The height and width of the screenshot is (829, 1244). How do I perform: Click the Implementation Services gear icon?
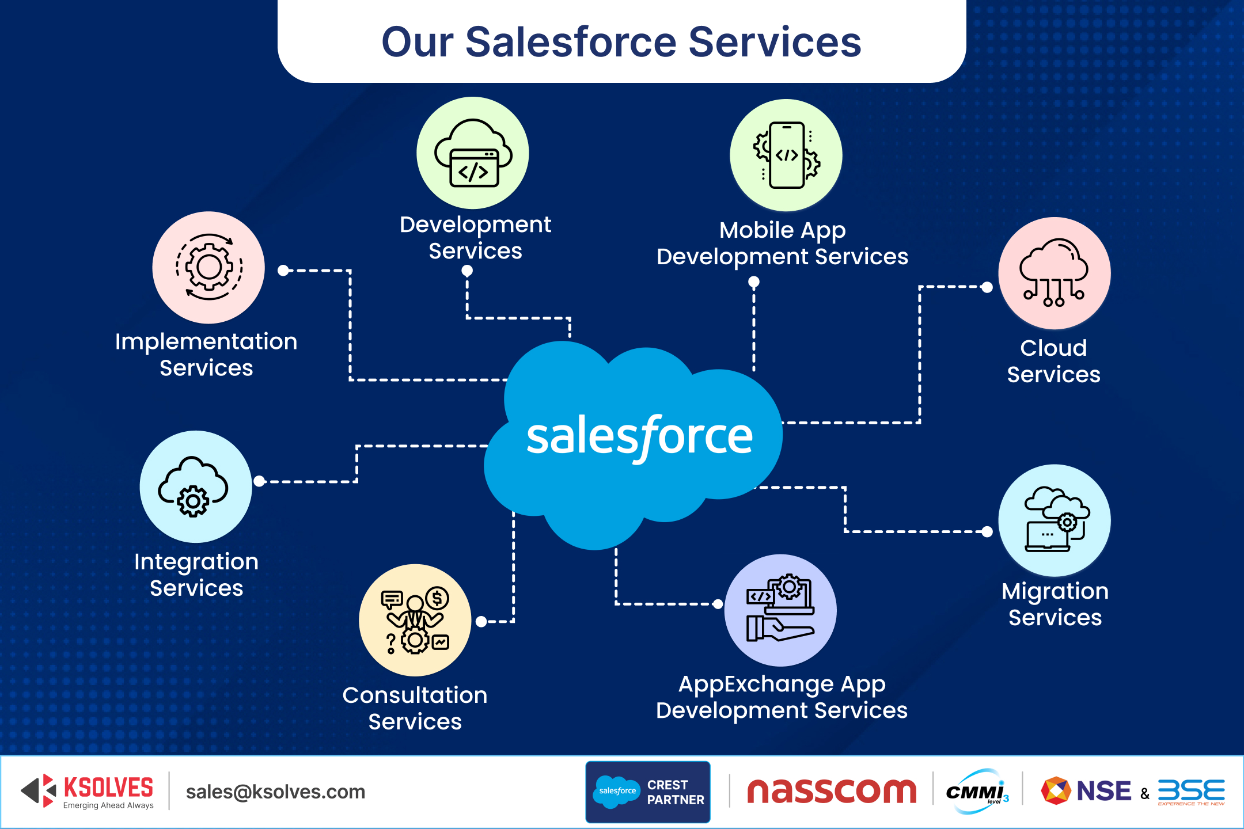click(208, 267)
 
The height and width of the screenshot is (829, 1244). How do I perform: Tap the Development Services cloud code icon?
click(473, 153)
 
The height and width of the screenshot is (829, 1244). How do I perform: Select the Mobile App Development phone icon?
click(786, 155)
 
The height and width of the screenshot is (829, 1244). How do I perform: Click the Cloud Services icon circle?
click(1054, 273)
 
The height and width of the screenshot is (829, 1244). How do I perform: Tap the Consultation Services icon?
click(415, 620)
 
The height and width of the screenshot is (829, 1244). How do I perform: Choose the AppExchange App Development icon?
click(780, 610)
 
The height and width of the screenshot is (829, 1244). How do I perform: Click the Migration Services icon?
click(1055, 520)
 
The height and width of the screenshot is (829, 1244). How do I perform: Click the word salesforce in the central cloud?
click(639, 436)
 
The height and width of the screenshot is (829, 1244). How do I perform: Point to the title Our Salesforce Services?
click(621, 42)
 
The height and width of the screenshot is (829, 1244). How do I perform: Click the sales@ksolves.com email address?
click(275, 792)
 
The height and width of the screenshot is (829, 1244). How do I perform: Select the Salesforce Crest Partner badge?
click(648, 792)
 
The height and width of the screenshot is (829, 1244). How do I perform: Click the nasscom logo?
click(831, 791)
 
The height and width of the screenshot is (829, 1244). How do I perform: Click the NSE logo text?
click(1103, 791)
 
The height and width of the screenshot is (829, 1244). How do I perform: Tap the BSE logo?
click(1191, 791)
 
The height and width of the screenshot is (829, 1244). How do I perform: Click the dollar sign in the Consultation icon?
click(437, 599)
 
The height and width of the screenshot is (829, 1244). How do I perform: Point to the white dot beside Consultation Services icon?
click(481, 621)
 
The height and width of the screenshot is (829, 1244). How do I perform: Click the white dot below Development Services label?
click(467, 271)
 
